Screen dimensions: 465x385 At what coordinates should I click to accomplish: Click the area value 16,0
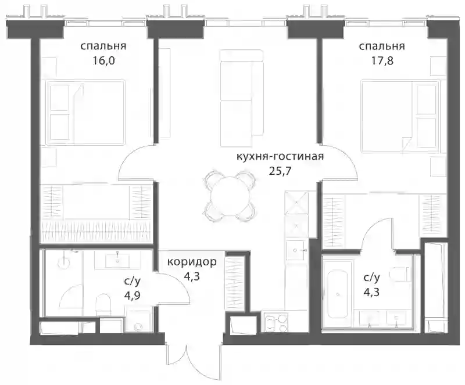(103, 61)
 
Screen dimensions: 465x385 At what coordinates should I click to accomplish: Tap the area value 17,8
(382, 61)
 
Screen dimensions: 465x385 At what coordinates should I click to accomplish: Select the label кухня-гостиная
(280, 156)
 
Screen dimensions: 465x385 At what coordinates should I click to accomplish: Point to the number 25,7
(280, 171)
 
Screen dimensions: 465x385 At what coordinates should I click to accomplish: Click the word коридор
(192, 262)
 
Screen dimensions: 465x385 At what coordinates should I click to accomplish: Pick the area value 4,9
(132, 296)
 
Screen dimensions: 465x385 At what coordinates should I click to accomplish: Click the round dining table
(230, 196)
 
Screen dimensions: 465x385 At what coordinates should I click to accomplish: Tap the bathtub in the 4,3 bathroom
(338, 294)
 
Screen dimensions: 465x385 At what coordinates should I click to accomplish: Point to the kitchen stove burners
(276, 323)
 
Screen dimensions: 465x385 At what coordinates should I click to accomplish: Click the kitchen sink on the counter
(297, 250)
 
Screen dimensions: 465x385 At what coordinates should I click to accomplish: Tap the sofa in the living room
(242, 98)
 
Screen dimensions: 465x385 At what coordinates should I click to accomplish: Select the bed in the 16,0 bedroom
(85, 112)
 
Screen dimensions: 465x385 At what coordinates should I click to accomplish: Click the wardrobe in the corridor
(235, 283)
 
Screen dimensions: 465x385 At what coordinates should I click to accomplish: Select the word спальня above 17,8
(382, 46)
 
